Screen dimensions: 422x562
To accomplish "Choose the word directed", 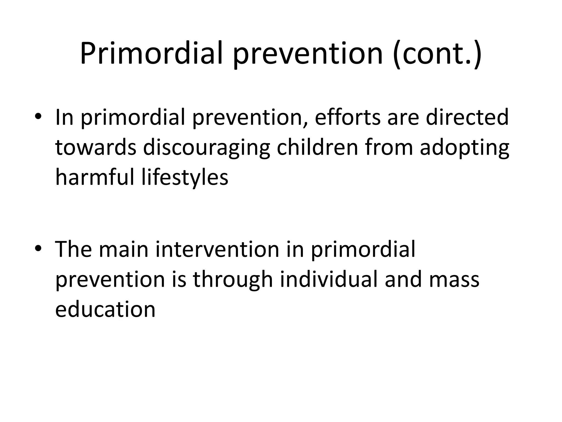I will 467,117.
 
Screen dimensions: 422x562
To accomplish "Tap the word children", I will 317,148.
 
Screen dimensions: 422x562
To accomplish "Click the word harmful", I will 95,177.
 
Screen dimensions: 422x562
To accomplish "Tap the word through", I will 233,280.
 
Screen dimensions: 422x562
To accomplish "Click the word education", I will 105,309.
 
